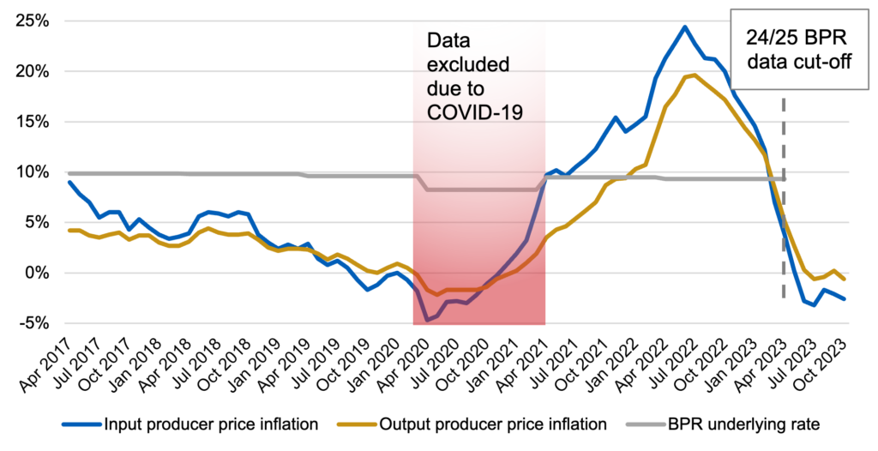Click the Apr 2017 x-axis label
(53, 355)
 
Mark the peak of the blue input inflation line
(684, 27)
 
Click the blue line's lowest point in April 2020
(427, 320)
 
